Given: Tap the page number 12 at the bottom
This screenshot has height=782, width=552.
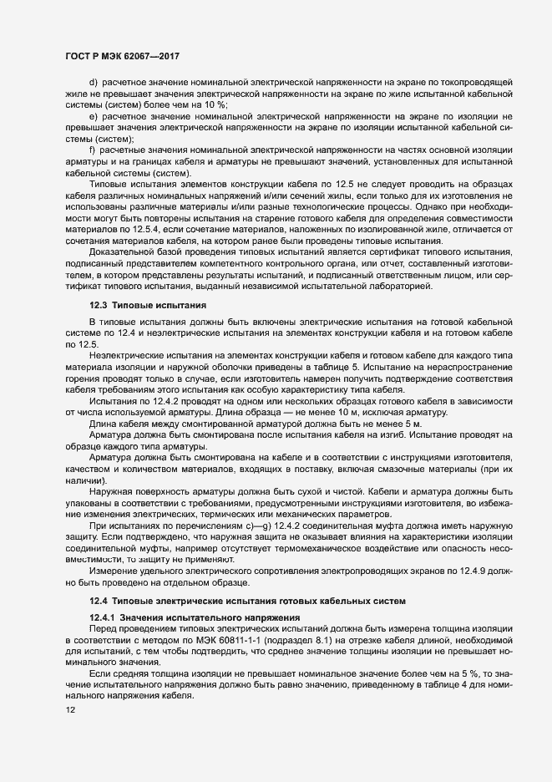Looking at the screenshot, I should click(x=59, y=709).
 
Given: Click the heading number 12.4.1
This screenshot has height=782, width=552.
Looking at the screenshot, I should click(x=104, y=617).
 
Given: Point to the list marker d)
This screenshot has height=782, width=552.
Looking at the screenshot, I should click(x=94, y=83).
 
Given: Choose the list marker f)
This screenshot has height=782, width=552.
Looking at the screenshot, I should click(x=93, y=148).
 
